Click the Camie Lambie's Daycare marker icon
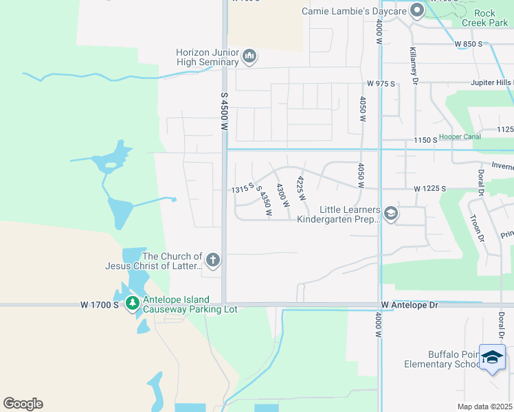(x=416, y=10)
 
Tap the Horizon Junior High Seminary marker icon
(x=249, y=56)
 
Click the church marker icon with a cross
(x=213, y=260)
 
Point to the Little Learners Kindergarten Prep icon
(x=391, y=214)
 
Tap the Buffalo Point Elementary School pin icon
(x=492, y=357)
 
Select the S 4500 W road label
(x=224, y=112)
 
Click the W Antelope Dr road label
(x=410, y=305)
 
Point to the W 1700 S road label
(x=99, y=304)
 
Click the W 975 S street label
(x=381, y=83)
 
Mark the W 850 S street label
(x=469, y=44)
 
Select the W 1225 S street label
(x=429, y=188)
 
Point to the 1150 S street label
(x=425, y=140)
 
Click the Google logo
(x=23, y=404)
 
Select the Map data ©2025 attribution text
(x=484, y=407)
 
